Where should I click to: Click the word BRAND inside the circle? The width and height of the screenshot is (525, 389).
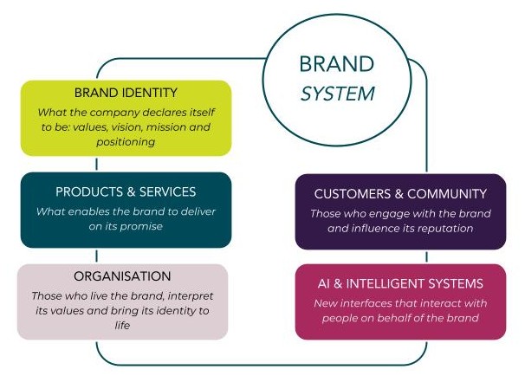(x=336, y=64)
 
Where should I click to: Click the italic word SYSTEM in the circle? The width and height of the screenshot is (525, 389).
(x=338, y=94)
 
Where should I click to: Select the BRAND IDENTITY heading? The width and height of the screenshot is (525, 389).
(x=126, y=93)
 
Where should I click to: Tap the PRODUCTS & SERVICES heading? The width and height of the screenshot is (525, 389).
(x=126, y=191)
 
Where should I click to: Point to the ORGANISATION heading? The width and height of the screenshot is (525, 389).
(x=122, y=276)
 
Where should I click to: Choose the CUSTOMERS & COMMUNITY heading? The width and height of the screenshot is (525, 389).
(x=400, y=194)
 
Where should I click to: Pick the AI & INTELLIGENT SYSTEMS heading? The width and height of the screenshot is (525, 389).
(x=400, y=283)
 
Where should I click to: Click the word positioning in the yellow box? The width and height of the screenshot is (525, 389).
(x=126, y=142)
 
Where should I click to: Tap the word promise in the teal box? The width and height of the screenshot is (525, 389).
(x=141, y=227)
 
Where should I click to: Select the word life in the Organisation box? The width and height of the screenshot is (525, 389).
(x=122, y=325)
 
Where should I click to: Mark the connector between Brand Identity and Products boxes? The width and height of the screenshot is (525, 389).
(x=97, y=164)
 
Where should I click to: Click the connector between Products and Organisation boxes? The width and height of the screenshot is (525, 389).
(x=97, y=256)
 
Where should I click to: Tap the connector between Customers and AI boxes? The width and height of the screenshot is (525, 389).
(x=426, y=256)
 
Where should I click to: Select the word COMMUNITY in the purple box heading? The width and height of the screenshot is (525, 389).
(x=447, y=194)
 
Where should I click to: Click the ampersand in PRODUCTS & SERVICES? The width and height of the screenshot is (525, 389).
(x=132, y=191)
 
